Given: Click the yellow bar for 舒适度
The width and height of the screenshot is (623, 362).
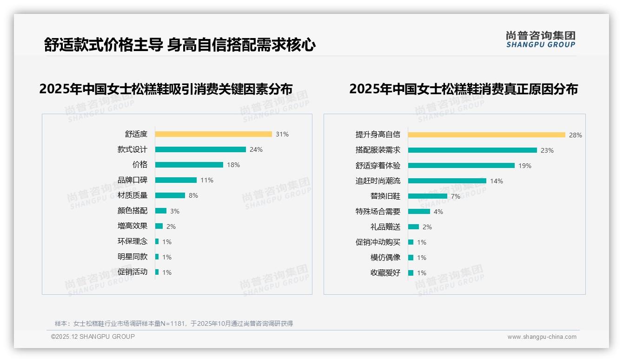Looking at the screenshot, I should pos(213,134).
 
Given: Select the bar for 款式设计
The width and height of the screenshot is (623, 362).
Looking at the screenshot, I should pos(200,149).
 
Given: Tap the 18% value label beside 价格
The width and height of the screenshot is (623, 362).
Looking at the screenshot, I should pos(233,165).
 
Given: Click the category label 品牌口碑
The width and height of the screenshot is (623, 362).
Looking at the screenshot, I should pos(133,180).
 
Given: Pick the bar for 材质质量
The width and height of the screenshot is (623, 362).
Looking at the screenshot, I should pos(170,195).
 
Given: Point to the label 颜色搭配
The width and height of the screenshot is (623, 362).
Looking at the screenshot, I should pos(133,211).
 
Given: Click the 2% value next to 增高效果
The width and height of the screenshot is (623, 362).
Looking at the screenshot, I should pos(171,226).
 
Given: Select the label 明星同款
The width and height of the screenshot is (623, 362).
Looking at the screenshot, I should pos(133,257).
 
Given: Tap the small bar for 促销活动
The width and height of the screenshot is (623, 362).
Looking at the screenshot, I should pos(157,272).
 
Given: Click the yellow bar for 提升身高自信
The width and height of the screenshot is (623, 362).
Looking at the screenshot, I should pos(487,135).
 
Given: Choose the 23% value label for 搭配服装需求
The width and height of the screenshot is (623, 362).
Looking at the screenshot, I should pos(547,150).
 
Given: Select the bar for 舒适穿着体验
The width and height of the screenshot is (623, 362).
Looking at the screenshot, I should pos(461,166).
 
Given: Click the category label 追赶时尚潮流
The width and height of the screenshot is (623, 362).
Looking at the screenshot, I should pos(378,181).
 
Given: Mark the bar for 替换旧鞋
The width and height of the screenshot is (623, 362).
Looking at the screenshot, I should pos(428,196).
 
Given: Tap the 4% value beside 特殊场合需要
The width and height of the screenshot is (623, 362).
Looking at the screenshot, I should pos(438,212).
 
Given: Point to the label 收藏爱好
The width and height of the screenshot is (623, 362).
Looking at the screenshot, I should pos(385,273).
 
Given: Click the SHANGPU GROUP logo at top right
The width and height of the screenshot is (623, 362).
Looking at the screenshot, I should pos(541,39).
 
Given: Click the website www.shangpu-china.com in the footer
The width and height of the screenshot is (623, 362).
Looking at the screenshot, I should pos(542,337).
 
